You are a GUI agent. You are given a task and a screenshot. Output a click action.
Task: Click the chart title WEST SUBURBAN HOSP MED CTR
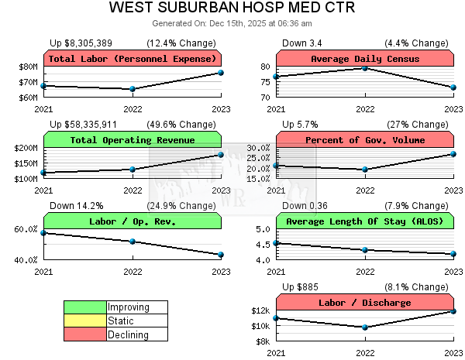click(x=232, y=9)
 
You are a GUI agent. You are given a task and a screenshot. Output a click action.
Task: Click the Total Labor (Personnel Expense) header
click(x=133, y=59)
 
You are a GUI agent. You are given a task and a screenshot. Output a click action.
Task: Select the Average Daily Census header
click(x=364, y=59)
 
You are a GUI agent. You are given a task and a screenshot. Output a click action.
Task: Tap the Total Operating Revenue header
click(x=133, y=139)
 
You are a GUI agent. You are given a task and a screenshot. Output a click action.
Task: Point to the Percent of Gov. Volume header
click(x=364, y=139)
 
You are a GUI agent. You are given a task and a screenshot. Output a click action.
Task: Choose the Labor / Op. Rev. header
click(x=133, y=221)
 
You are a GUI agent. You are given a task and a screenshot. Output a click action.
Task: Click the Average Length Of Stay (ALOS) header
click(x=364, y=221)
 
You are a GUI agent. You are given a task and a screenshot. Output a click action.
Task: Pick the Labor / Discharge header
click(x=364, y=303)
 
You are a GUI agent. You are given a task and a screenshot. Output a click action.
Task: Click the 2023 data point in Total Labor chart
click(x=221, y=73)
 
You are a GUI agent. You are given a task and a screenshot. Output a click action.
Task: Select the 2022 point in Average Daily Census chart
click(x=365, y=68)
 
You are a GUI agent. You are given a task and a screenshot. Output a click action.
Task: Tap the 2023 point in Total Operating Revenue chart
click(x=221, y=155)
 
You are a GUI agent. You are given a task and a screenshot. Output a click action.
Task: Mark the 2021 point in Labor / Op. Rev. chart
click(x=44, y=232)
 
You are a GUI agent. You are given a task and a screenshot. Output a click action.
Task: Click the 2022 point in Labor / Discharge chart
click(x=365, y=327)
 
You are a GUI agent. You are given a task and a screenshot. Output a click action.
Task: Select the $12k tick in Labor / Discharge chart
click(x=260, y=311)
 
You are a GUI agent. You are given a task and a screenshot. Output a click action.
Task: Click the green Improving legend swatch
click(x=84, y=307)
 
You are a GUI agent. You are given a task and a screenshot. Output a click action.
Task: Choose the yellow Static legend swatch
click(x=84, y=321)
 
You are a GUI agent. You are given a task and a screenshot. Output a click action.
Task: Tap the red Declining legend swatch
click(x=84, y=334)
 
